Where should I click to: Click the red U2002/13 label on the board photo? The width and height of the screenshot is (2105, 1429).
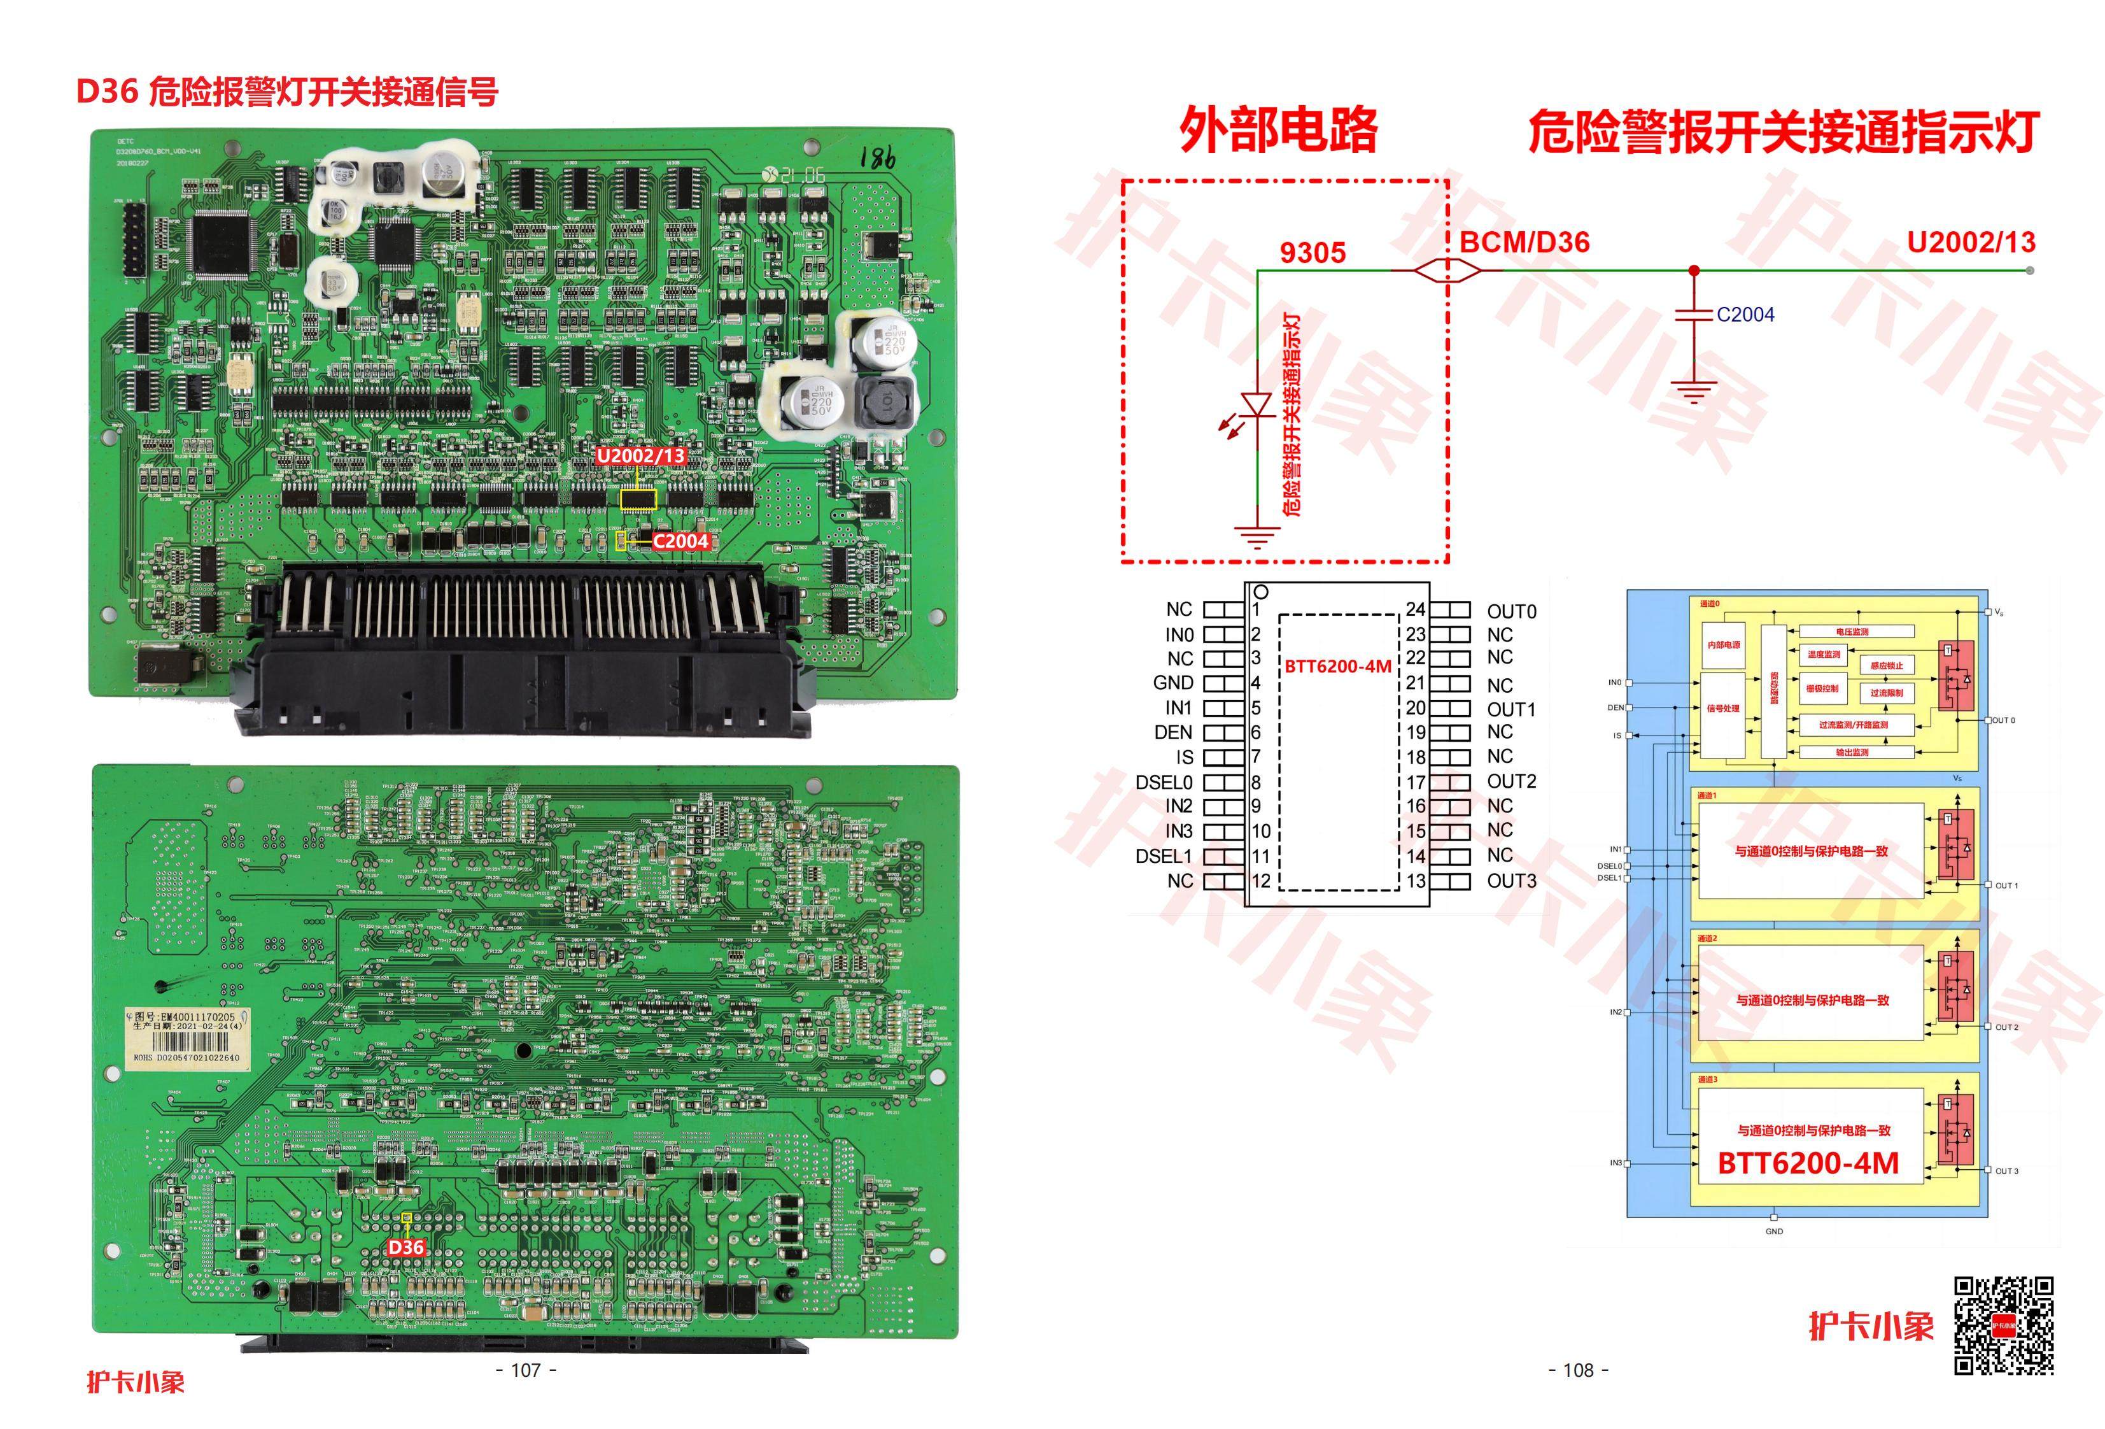click(640, 456)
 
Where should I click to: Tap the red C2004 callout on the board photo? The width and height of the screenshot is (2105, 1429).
click(680, 541)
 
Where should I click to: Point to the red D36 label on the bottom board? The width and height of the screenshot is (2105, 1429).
click(405, 1247)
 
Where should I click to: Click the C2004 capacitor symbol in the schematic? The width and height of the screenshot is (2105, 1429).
click(1694, 315)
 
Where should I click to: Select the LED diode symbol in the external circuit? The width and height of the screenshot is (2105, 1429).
click(1257, 405)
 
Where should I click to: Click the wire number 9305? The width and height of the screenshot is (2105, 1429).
click(1313, 253)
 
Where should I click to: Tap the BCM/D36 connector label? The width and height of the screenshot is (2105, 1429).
click(1525, 242)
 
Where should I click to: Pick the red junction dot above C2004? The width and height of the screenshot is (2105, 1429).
click(1694, 270)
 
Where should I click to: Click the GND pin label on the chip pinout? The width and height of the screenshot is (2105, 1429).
click(1173, 682)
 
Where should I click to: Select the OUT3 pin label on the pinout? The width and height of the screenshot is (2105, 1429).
click(1512, 880)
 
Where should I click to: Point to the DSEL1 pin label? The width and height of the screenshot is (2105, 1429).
click(1164, 855)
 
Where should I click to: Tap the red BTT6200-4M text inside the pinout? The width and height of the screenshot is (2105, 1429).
click(1338, 667)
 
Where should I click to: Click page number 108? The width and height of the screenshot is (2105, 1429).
click(1578, 1370)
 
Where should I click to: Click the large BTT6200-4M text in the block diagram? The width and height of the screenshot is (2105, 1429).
click(1808, 1163)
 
